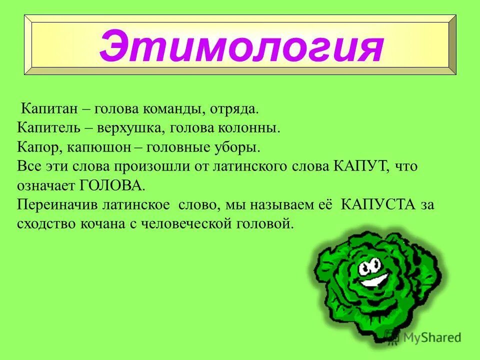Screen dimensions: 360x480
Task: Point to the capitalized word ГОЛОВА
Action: pyautogui.click(x=111, y=186)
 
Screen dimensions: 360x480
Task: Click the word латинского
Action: pyautogui.click(x=243, y=166)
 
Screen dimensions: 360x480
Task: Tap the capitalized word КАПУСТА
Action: pyautogui.click(x=376, y=205)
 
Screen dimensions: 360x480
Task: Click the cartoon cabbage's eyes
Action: pyautogui.click(x=370, y=264)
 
